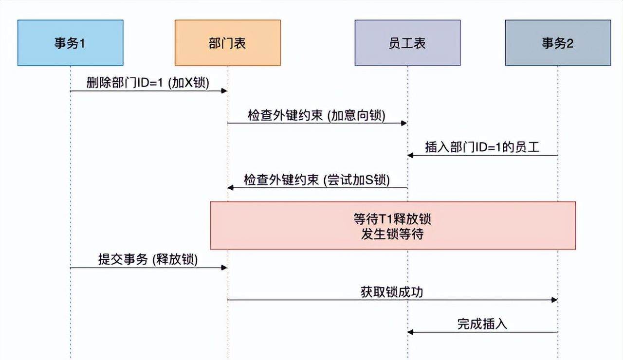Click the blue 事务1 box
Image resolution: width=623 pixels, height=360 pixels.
click(x=70, y=43)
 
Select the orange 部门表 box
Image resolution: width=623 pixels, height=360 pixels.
click(x=228, y=43)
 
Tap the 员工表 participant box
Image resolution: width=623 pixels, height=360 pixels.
click(x=407, y=43)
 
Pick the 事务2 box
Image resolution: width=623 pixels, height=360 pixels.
click(x=558, y=43)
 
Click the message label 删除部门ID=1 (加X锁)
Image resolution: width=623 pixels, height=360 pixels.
click(x=147, y=83)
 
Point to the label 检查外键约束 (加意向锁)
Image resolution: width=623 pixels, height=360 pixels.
click(x=316, y=116)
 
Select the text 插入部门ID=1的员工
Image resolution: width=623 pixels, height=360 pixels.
click(x=482, y=148)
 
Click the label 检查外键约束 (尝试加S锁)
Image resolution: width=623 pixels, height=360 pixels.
click(x=316, y=180)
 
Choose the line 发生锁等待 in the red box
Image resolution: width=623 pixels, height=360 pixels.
click(x=392, y=234)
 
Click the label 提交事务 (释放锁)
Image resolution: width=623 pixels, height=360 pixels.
click(x=148, y=260)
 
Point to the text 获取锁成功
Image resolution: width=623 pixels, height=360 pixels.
click(x=392, y=292)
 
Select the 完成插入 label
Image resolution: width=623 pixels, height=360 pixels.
click(x=482, y=324)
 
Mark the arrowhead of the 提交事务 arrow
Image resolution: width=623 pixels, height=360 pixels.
click(x=224, y=268)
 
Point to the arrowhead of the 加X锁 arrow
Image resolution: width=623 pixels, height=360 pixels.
click(x=224, y=91)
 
